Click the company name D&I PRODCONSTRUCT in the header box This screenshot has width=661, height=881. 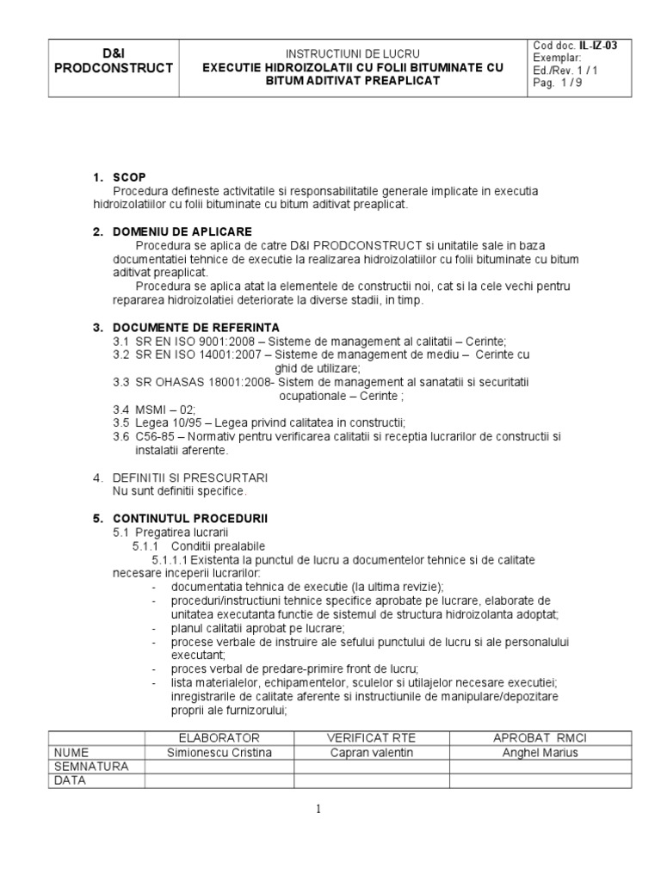pyautogui.click(x=114, y=60)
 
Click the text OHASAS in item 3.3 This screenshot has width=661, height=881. pyautogui.click(x=176, y=381)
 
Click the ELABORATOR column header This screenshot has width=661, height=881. pyautogui.click(x=219, y=738)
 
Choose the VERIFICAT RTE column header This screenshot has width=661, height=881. pyautogui.click(x=372, y=738)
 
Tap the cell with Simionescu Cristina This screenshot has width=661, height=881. pyautogui.click(x=219, y=752)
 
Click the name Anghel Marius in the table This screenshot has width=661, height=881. pyautogui.click(x=540, y=752)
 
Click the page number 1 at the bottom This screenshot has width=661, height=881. pyautogui.click(x=318, y=809)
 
